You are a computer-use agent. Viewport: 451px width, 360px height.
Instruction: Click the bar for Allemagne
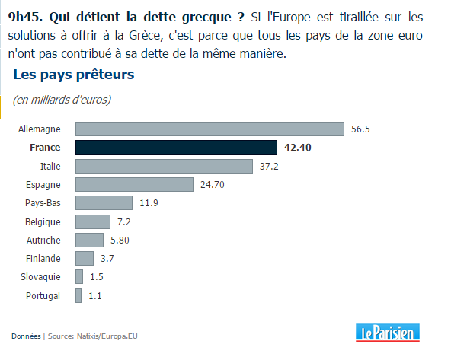coord(210,129)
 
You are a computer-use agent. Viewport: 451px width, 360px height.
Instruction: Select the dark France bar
coord(176,148)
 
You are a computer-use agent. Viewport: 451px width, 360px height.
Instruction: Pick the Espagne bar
coord(134,184)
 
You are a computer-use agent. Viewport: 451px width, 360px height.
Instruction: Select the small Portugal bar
coord(78,295)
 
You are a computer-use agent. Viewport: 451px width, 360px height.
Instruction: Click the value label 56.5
coord(360,129)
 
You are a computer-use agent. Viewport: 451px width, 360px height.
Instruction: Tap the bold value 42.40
coord(298,148)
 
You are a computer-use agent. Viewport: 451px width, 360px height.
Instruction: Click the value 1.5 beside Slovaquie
coord(97,277)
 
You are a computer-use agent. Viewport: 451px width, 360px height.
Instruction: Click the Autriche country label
coord(43,240)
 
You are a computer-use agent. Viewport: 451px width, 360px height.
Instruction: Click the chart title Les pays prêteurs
coord(74,75)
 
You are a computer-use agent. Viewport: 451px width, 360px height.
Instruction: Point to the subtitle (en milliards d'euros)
coord(62,100)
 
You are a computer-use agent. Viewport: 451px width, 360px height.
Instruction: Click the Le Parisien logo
coord(388,333)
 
